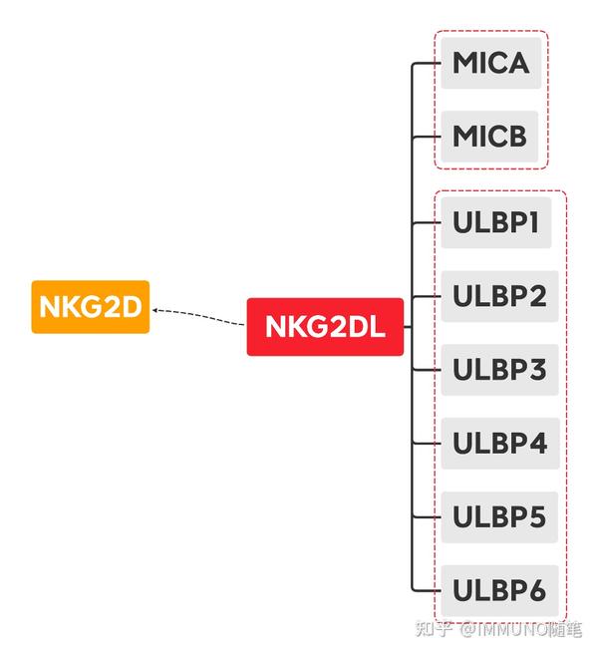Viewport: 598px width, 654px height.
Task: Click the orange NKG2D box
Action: pyautogui.click(x=91, y=306)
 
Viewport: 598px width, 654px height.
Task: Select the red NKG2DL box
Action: pyautogui.click(x=325, y=326)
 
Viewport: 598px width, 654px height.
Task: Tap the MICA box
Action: pyautogui.click(x=490, y=63)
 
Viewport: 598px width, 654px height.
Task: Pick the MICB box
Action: pyautogui.click(x=489, y=136)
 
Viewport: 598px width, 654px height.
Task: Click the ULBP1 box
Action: pyautogui.click(x=495, y=222)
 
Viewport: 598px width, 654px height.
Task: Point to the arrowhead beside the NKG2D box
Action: pyautogui.click(x=157, y=310)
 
